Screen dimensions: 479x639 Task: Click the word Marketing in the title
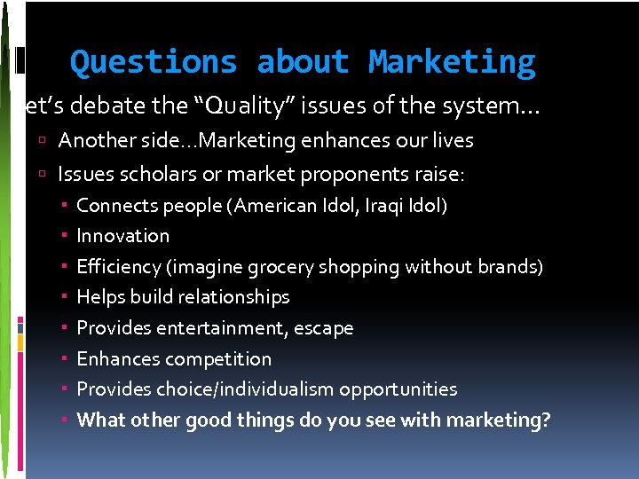[452, 62]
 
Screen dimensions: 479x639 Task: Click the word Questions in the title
[154, 62]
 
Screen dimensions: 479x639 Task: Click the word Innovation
[122, 236]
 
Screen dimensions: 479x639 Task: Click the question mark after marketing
[545, 420]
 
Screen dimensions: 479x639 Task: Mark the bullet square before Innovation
[67, 236]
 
